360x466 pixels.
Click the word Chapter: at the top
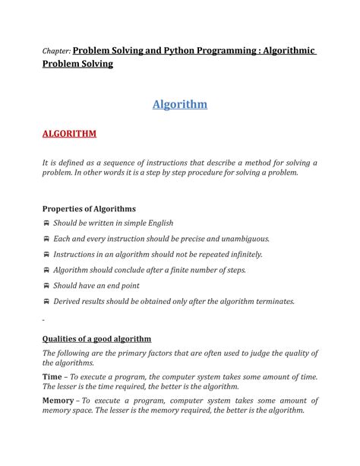56,51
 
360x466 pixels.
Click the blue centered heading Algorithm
179,104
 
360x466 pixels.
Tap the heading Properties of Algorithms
89,208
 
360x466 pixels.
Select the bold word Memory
59,400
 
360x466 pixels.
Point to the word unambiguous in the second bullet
241,239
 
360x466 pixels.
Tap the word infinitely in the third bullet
239,255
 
